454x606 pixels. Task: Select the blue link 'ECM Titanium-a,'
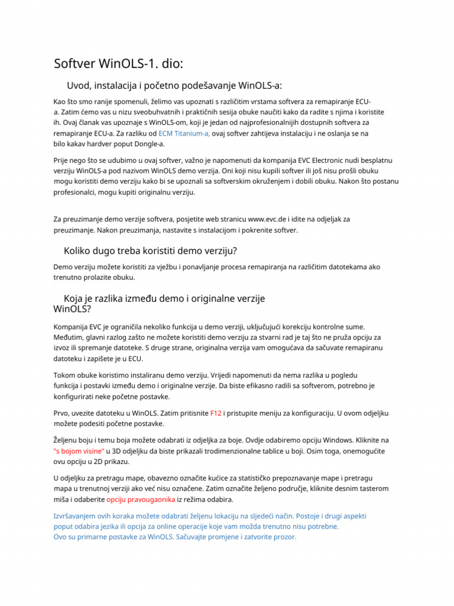pyautogui.click(x=184, y=133)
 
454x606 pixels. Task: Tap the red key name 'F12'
pyautogui.click(x=216, y=413)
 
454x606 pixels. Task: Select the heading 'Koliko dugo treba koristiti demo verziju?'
pyautogui.click(x=150, y=251)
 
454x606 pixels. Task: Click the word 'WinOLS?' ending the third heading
pyautogui.click(x=72, y=309)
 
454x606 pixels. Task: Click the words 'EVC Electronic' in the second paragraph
pyautogui.click(x=310, y=160)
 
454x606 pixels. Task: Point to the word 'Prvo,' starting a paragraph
pyautogui.click(x=63, y=413)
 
